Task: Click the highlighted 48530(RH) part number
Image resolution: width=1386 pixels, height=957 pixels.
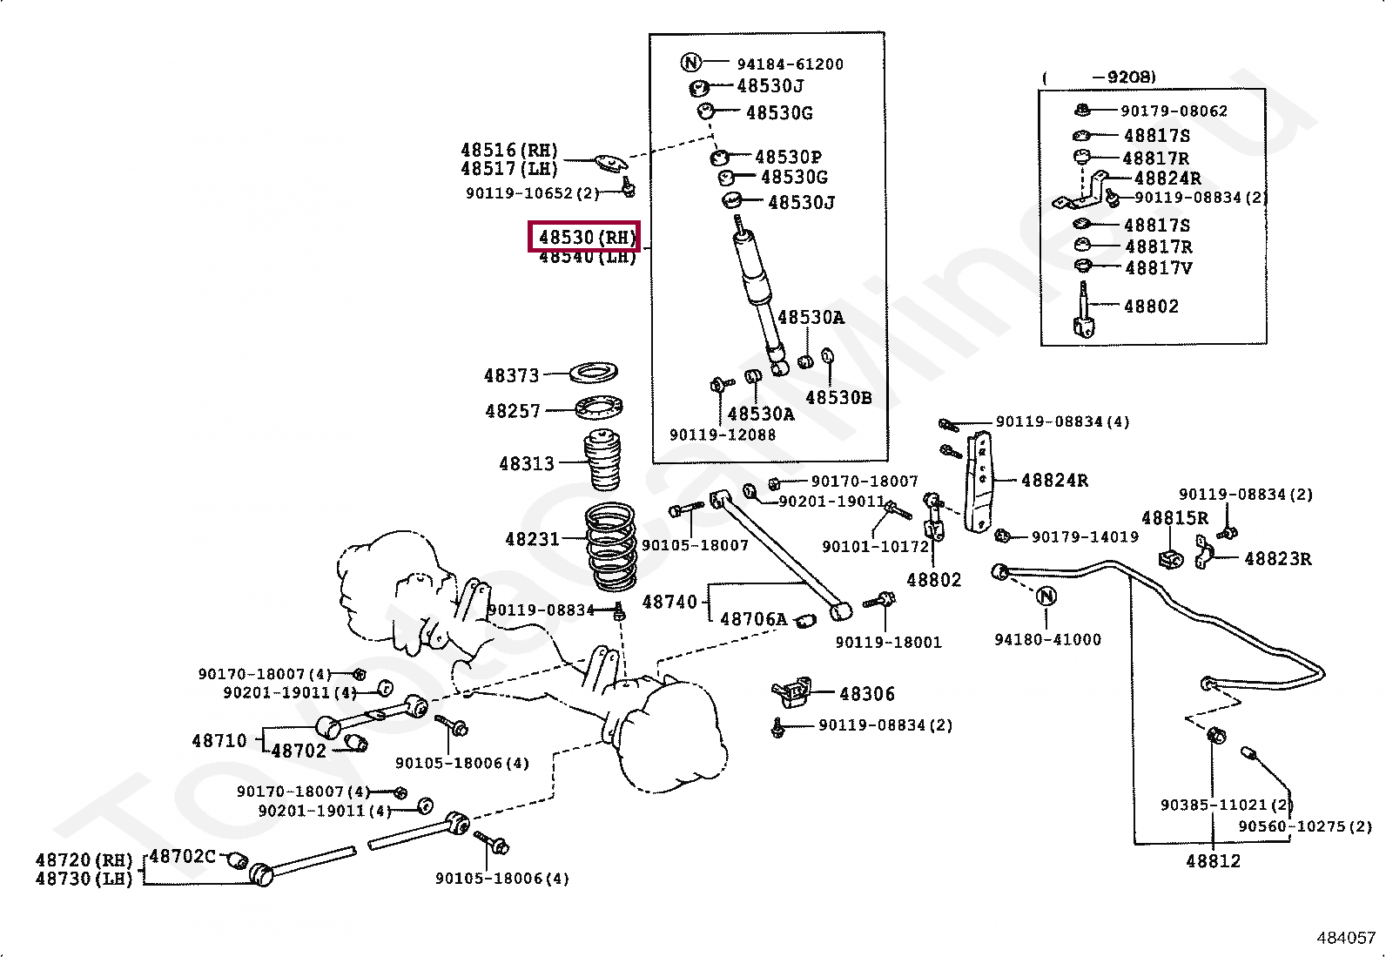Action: click(584, 237)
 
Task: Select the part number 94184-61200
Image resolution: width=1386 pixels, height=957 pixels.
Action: click(790, 64)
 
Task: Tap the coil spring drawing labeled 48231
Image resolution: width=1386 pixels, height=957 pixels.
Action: click(609, 546)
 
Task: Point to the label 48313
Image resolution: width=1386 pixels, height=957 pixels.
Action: click(526, 464)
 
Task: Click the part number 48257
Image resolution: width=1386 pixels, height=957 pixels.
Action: click(513, 411)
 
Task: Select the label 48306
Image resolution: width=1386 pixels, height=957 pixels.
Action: click(866, 694)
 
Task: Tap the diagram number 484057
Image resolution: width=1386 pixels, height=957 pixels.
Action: click(1345, 938)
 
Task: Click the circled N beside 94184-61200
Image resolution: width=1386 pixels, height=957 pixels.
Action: click(690, 62)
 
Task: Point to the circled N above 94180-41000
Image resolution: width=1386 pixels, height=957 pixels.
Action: click(1046, 596)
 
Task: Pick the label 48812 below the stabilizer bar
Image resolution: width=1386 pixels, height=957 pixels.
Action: click(1213, 861)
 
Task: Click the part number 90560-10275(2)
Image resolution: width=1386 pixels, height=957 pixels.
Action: click(1304, 826)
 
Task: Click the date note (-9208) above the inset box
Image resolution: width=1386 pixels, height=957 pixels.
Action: click(1099, 78)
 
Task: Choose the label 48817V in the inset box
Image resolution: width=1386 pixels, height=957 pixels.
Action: click(1158, 268)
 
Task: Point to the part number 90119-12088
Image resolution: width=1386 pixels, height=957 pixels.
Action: click(722, 435)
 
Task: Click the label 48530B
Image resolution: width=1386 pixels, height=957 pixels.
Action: click(838, 398)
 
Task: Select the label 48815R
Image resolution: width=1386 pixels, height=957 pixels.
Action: click(1174, 518)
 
